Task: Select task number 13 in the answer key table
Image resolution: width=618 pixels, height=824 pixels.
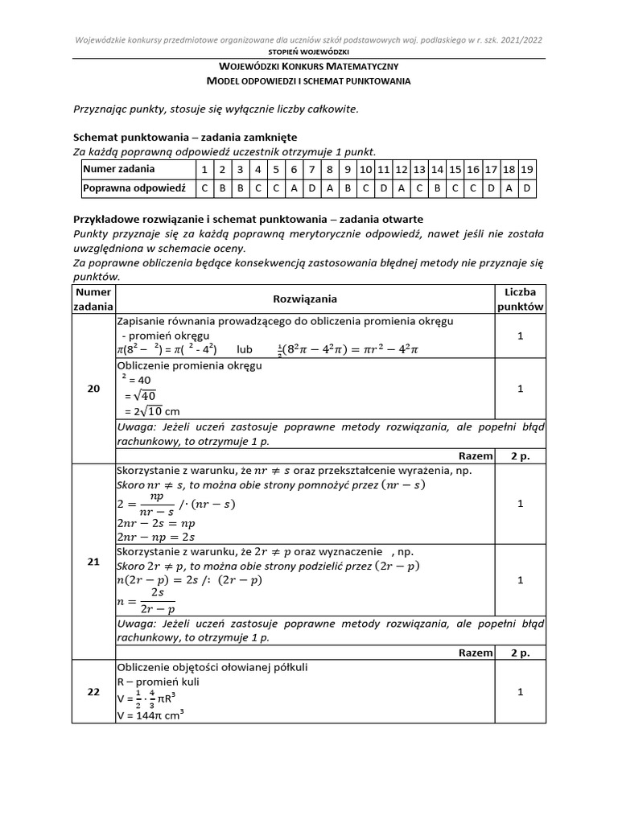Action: click(x=419, y=170)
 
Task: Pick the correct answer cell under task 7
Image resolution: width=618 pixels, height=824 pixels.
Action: click(x=311, y=188)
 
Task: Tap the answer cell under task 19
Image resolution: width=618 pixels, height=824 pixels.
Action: click(x=526, y=188)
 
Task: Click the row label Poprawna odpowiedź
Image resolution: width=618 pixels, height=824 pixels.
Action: click(x=134, y=188)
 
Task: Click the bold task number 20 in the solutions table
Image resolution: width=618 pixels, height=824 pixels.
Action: click(x=93, y=389)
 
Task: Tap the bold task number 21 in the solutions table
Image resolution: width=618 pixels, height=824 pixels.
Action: click(x=93, y=562)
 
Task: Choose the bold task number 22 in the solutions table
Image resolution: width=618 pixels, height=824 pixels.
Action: click(x=93, y=691)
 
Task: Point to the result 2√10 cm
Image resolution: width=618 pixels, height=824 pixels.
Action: click(x=150, y=412)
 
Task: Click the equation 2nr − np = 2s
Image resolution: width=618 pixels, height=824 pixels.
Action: click(x=156, y=536)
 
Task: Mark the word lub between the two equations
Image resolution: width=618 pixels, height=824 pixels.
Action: click(x=245, y=349)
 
